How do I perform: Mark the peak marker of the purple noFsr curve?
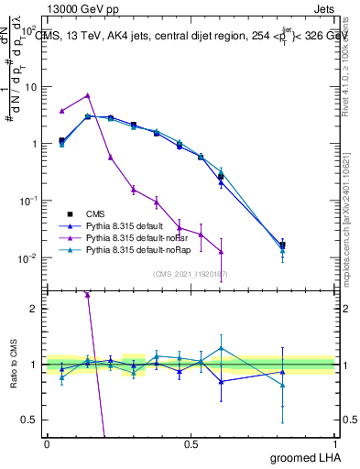coord(87,95)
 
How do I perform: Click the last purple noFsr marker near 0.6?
coord(221,252)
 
